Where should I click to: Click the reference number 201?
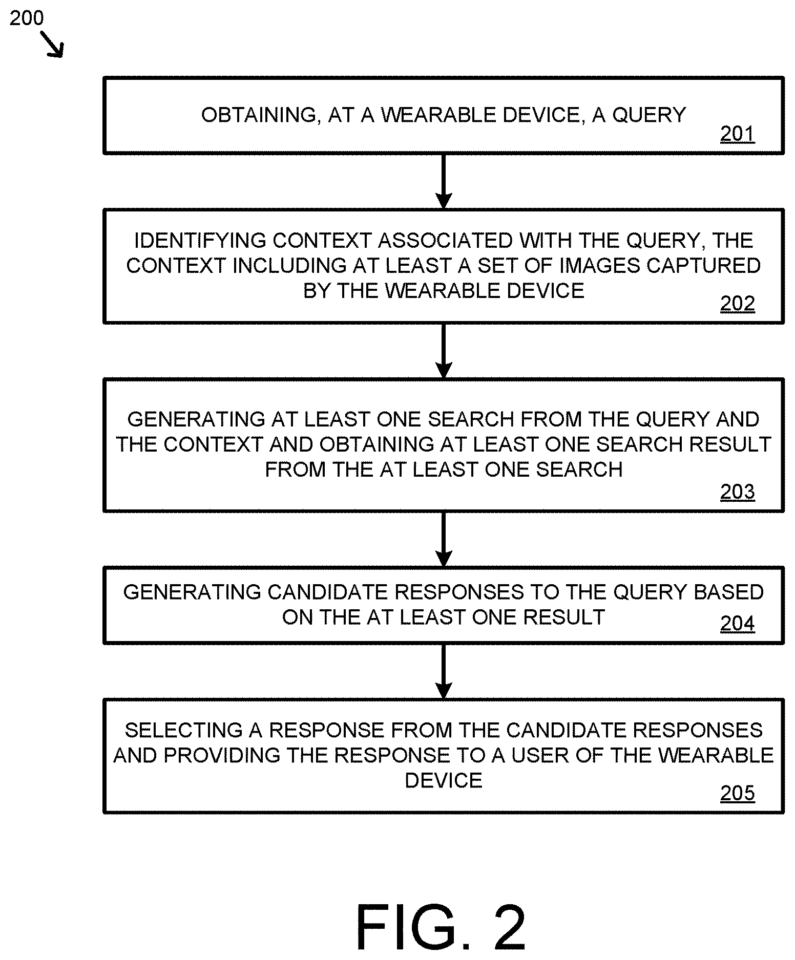737,134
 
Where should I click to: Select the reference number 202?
737,304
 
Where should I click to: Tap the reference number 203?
737,492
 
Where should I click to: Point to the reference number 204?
737,624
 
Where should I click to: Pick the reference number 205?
737,793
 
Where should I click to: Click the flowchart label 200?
27,18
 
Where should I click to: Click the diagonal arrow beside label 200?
52,45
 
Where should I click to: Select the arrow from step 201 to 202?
444,181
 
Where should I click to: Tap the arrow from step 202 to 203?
444,351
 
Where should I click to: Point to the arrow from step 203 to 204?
444,539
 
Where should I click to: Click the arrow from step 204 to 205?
444,671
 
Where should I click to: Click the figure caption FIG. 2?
441,927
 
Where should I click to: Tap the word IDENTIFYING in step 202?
200,241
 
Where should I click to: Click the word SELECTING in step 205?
183,731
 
